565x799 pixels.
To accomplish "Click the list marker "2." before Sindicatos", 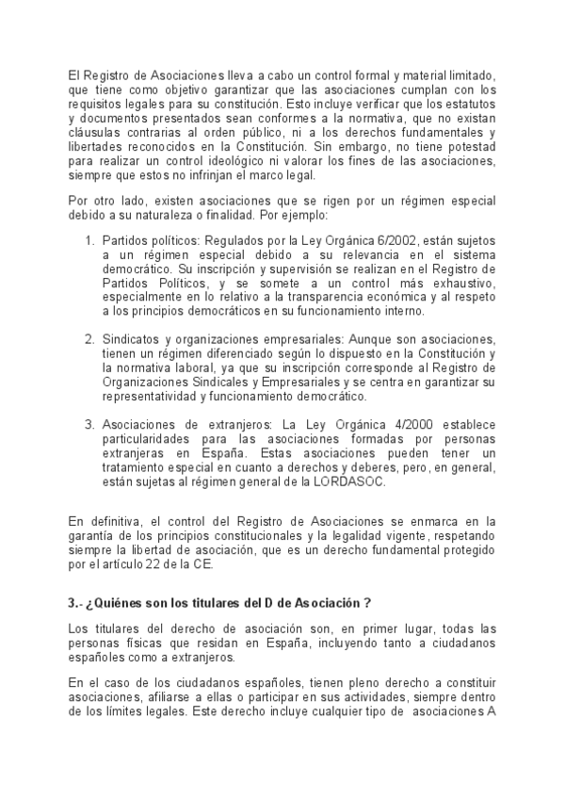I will (89, 338).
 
